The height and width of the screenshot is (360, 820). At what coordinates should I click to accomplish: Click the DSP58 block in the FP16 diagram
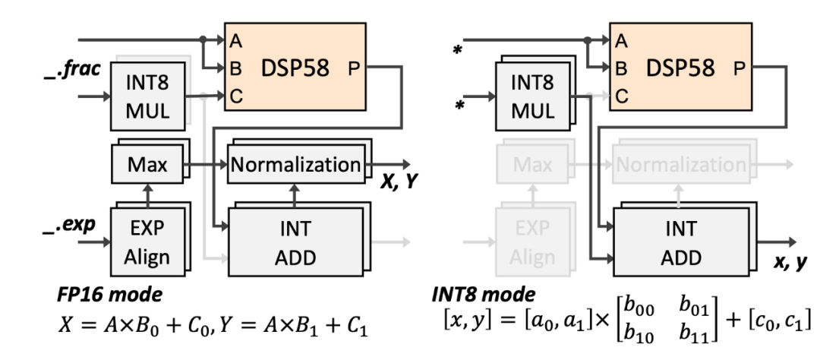pyautogui.click(x=295, y=66)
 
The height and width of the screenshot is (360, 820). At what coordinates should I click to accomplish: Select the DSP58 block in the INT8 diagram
pyautogui.click(x=680, y=66)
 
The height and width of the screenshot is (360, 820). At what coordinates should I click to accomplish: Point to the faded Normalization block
pyautogui.click(x=680, y=164)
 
